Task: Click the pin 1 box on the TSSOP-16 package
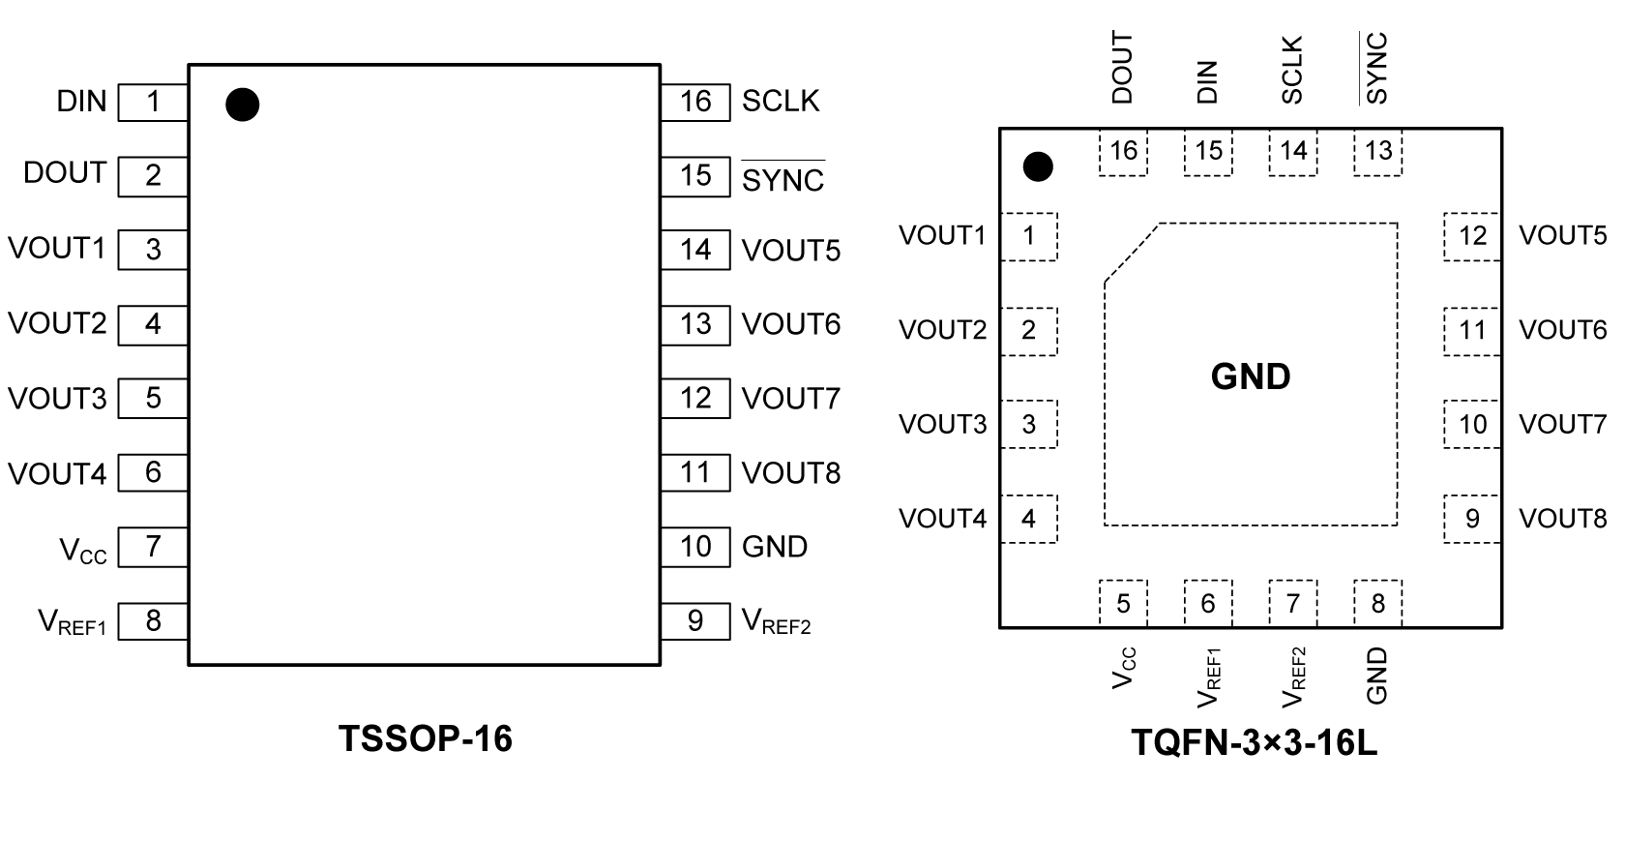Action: point(153,102)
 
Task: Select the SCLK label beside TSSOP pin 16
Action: point(780,102)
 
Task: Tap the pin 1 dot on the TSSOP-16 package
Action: point(242,105)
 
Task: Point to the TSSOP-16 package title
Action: point(426,738)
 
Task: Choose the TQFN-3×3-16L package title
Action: point(1255,743)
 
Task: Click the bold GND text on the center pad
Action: point(1251,376)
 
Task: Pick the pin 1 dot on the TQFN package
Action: point(1038,166)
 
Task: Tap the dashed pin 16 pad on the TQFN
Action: point(1123,152)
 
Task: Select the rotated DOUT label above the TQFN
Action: point(1122,68)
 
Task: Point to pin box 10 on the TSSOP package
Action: point(695,547)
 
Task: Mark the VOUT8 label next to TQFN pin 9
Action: point(1562,519)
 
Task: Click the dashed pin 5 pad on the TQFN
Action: point(1123,604)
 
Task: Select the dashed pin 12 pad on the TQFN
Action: point(1472,236)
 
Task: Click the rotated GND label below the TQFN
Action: point(1377,676)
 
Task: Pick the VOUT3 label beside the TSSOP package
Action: point(57,399)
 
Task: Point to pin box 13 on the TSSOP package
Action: point(695,324)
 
